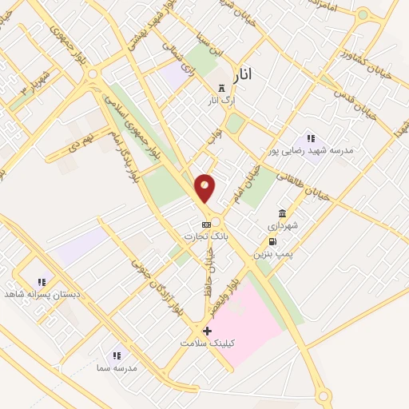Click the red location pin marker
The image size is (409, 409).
[x=205, y=187]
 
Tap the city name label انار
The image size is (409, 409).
[x=244, y=74]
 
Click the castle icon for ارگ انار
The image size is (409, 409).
[x=221, y=89]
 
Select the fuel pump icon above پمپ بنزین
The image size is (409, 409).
[x=272, y=241]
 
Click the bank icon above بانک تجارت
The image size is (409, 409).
[x=206, y=224]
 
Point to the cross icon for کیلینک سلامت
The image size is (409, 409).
[x=207, y=330]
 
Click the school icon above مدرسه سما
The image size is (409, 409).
[x=116, y=355]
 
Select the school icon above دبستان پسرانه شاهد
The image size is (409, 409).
[x=41, y=282]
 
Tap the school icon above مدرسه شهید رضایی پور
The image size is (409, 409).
[x=311, y=137]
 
